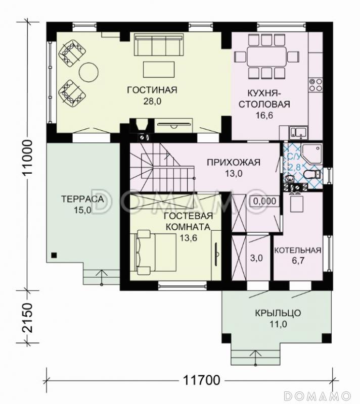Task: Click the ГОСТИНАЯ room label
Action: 152,90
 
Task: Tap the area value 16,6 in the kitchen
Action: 264,116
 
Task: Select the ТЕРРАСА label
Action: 82,199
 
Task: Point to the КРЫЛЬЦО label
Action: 278,313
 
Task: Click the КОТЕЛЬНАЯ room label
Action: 298,250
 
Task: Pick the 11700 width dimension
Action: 202,380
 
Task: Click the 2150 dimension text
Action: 28,317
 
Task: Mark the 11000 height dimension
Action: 27,158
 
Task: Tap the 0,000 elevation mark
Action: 264,201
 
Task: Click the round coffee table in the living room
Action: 88,72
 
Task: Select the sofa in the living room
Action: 159,45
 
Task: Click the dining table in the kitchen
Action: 266,57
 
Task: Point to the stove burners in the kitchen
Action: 316,85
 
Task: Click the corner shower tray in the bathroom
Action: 311,154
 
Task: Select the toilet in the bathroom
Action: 312,174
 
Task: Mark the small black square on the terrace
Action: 54,256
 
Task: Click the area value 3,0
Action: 256,258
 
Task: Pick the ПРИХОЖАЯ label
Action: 234,163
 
